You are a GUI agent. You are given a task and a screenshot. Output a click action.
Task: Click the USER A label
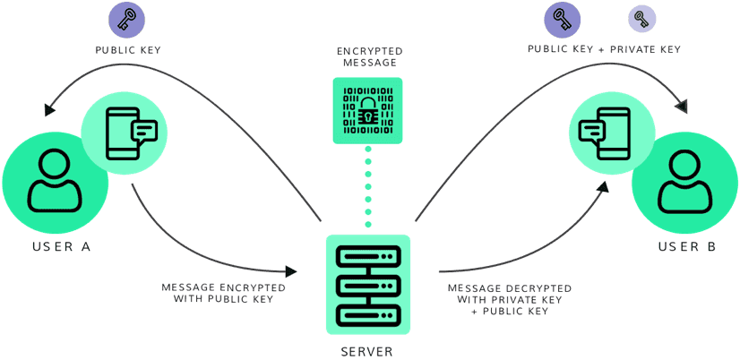[61, 246]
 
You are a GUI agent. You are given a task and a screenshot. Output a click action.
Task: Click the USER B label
[687, 246]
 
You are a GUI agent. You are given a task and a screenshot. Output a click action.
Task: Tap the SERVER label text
[367, 351]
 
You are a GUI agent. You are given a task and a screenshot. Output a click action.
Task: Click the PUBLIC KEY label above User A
[128, 50]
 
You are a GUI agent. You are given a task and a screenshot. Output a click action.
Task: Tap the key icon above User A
[126, 19]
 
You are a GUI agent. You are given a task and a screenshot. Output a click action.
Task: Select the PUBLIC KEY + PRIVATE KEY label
[604, 50]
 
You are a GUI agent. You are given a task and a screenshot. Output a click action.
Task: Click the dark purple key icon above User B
[563, 19]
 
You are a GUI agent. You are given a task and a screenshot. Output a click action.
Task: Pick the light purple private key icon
[641, 18]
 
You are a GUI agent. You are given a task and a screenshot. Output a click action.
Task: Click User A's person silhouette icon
[55, 183]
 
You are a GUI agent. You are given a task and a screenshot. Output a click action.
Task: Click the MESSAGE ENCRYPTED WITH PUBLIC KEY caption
[224, 293]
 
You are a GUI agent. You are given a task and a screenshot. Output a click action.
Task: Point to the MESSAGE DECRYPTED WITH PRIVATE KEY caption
[510, 299]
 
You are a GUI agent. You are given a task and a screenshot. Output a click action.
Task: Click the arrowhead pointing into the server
[291, 270]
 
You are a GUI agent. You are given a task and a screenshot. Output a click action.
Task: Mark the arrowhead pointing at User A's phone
[50, 110]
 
